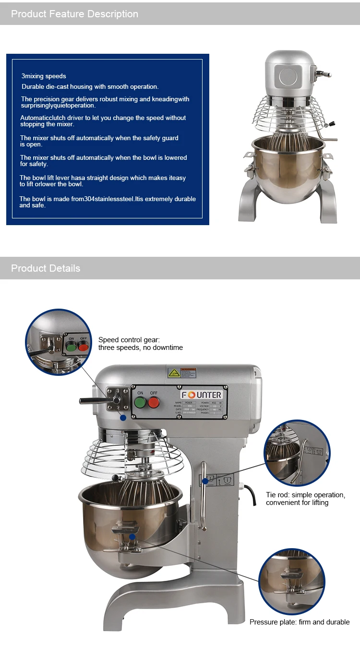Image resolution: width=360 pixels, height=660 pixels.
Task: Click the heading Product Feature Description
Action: click(74, 14)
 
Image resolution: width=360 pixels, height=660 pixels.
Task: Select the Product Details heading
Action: click(46, 268)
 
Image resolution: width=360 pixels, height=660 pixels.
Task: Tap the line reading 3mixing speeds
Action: click(44, 76)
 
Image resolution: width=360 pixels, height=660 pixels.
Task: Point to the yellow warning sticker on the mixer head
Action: click(174, 372)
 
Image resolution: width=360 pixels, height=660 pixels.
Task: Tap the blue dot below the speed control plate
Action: click(123, 418)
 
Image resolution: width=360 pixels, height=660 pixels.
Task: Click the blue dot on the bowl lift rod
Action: click(205, 480)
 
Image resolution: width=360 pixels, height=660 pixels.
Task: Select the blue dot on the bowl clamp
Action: click(132, 538)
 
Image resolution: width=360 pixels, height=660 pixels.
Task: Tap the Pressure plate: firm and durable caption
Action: click(299, 622)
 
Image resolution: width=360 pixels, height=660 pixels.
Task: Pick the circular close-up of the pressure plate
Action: click(291, 581)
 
